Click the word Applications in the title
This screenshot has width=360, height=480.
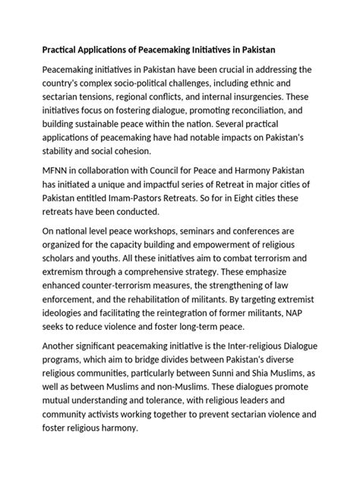point(105,50)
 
